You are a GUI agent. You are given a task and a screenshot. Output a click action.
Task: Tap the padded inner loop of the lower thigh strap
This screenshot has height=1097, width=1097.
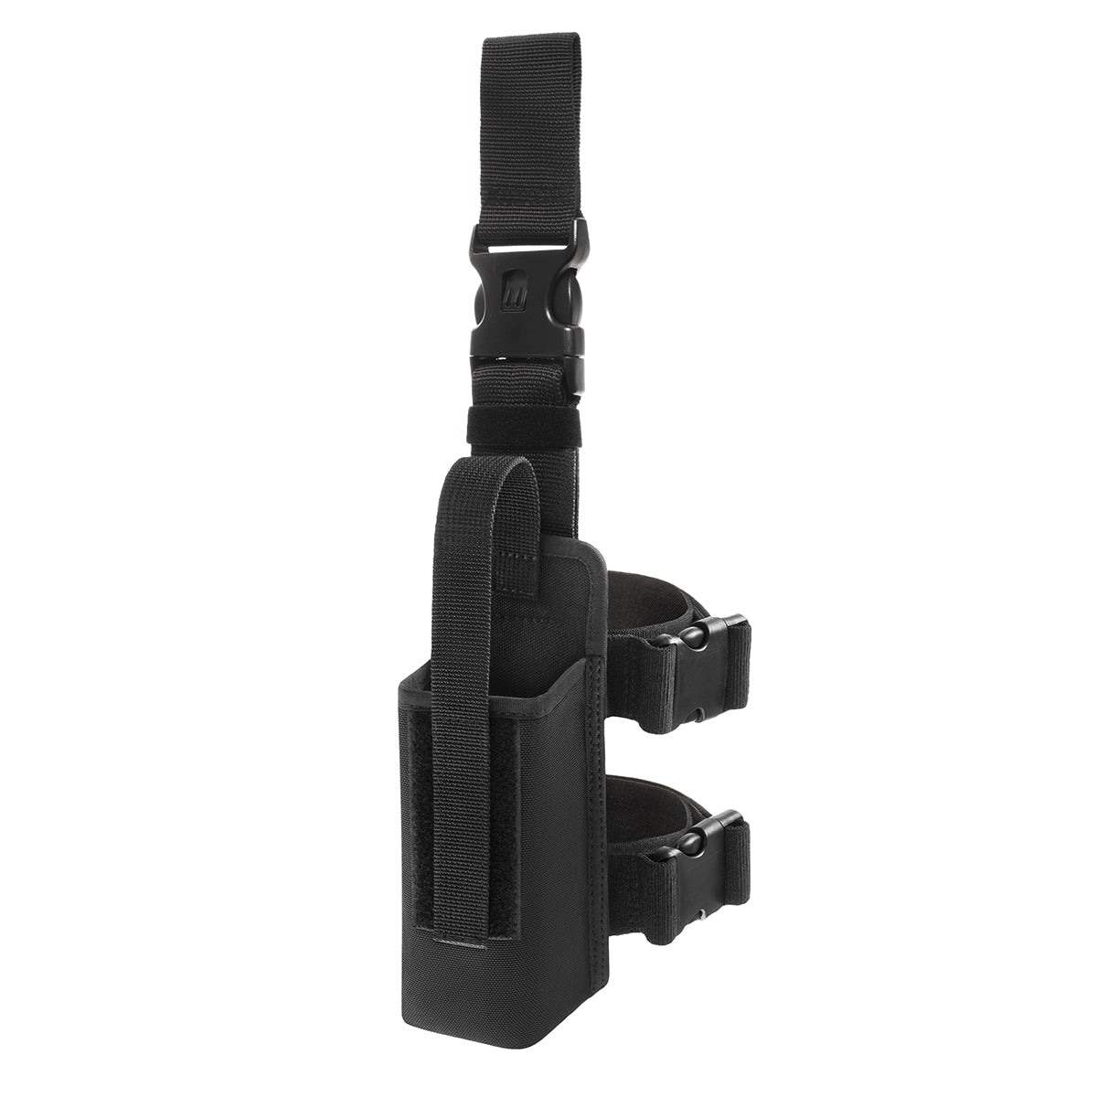tap(640, 791)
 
